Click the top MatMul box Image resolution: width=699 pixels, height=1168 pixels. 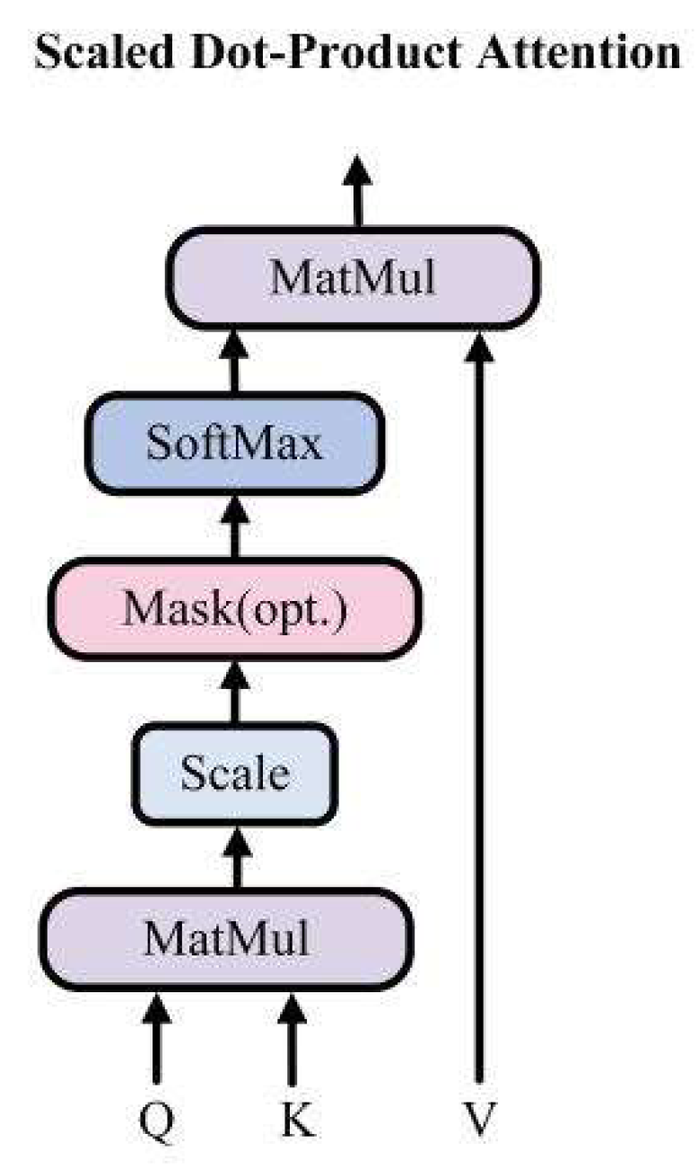pos(353,279)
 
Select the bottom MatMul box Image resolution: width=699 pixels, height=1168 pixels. pos(226,938)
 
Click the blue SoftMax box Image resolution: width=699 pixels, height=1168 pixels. pos(235,443)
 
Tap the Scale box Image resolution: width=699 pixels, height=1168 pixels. pos(235,773)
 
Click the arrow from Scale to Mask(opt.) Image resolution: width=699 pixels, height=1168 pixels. pos(235,691)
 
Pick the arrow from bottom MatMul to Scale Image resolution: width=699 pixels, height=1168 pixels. pos(236,857)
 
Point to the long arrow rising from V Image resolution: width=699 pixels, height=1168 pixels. pos(478,718)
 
